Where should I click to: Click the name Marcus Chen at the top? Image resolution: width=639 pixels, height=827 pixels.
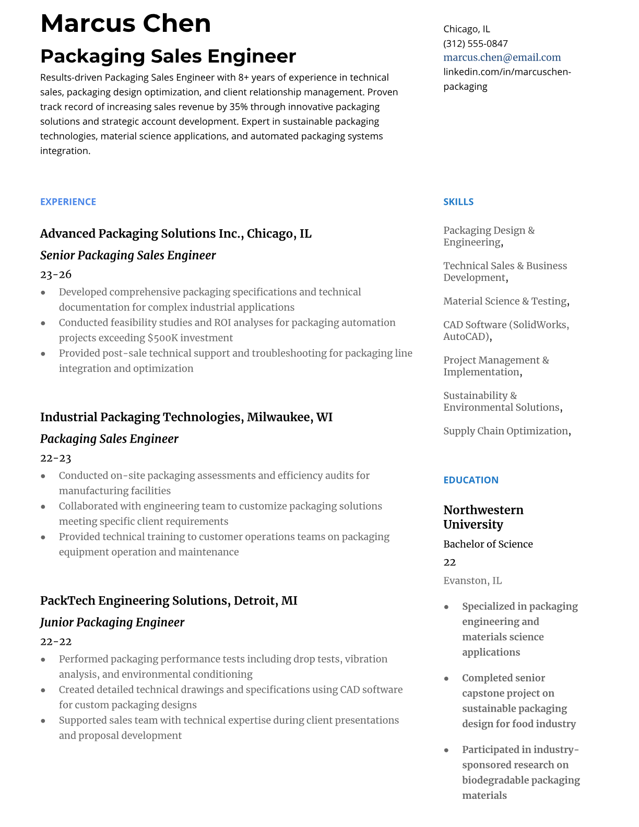[125, 23]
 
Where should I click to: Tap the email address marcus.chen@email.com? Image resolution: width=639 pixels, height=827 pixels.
[502, 57]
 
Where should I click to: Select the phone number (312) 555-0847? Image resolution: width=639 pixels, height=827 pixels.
[475, 43]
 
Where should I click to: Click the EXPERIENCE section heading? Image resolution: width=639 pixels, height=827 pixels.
[68, 202]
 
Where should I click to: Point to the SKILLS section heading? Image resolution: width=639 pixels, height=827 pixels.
[458, 202]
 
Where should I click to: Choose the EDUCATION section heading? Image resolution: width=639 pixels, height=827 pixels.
[470, 480]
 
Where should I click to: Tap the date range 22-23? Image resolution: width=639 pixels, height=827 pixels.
[55, 458]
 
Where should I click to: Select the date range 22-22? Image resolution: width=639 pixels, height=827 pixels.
[55, 641]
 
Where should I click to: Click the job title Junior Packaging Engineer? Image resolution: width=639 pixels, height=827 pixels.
[112, 622]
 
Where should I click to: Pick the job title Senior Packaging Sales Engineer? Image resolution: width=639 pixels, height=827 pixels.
[128, 255]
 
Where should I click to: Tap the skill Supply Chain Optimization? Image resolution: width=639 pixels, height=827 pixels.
[505, 431]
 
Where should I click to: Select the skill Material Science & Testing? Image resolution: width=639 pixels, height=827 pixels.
[505, 301]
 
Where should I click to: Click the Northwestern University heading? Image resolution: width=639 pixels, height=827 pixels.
[483, 517]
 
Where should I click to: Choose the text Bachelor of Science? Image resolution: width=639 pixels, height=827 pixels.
[488, 544]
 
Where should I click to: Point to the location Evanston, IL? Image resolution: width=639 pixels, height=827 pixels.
[472, 581]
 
